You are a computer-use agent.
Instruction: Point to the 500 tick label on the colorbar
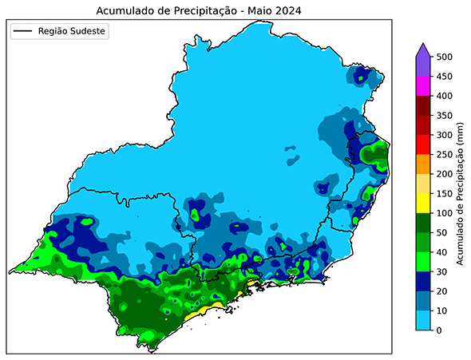(445, 57)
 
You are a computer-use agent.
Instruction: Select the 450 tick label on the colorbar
(445, 77)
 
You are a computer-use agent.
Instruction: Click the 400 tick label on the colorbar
(445, 96)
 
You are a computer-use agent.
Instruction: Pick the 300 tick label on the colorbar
(445, 135)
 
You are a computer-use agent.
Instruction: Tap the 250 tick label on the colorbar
(445, 154)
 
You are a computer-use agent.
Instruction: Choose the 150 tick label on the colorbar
(445, 193)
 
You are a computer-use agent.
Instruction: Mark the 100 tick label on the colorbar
(445, 213)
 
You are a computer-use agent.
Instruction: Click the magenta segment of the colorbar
(423, 86)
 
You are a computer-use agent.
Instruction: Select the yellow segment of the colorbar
(423, 203)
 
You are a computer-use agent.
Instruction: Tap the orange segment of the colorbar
(423, 164)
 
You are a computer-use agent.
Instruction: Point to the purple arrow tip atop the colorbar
(423, 50)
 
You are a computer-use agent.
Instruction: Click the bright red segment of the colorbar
(423, 144)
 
